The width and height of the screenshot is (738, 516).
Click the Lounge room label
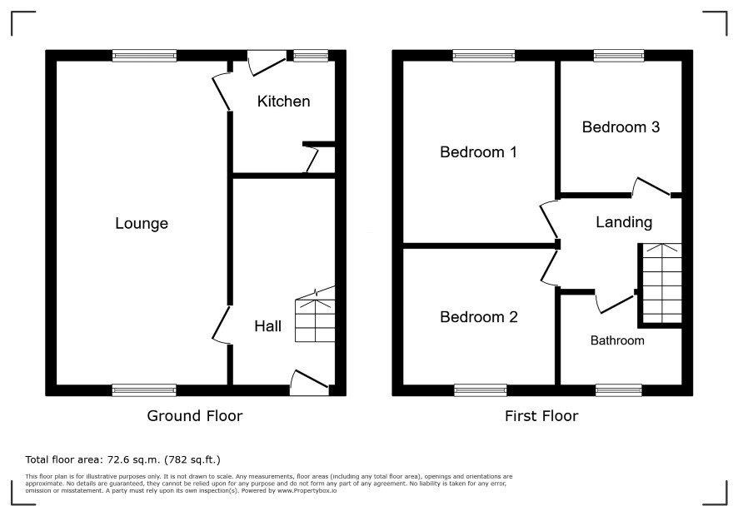point(142,223)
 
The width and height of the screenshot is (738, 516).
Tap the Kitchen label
point(283,102)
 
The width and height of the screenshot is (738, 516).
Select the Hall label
point(268,326)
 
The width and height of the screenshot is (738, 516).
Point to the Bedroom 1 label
point(478,152)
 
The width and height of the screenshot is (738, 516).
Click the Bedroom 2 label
point(479,317)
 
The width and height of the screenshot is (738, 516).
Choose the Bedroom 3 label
point(621,127)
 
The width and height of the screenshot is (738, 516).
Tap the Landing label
point(624,222)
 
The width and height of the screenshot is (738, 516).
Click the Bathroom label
point(617,340)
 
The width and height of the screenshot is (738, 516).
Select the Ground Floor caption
point(195,416)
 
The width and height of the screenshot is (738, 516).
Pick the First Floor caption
point(541,416)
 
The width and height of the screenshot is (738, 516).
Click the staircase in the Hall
point(315,315)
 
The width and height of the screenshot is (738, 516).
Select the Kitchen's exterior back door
point(267,62)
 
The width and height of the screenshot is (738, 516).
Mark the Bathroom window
point(618,390)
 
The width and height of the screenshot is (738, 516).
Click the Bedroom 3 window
point(618,56)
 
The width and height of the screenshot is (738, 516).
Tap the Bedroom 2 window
point(481,390)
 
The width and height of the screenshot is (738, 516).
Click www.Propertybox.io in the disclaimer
point(307,490)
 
